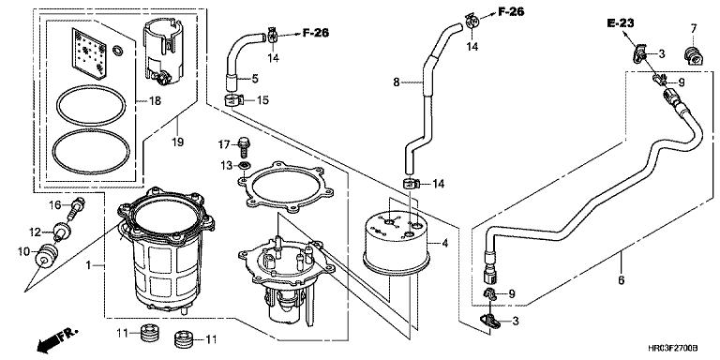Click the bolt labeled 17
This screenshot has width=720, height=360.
point(244,146)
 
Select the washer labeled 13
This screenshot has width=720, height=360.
point(244,165)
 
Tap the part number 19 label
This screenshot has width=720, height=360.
point(178,142)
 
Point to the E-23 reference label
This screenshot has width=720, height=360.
point(621,22)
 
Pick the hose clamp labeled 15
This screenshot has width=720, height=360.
point(233,99)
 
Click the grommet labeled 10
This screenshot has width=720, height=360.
point(46,256)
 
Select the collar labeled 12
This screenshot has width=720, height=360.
point(61,231)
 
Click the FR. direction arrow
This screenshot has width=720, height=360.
point(58,337)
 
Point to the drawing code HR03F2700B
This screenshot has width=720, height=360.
point(673,349)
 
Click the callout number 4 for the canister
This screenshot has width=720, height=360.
point(444,243)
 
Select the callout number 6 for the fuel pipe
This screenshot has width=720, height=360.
point(622,279)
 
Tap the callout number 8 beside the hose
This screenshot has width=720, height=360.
point(397,82)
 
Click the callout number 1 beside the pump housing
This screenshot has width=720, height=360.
point(88,265)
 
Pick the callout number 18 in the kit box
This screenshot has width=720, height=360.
point(156,100)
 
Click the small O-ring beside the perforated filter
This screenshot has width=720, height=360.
point(117,50)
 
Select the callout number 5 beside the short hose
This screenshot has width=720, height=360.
point(255,79)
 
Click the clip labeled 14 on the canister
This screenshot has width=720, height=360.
point(411,184)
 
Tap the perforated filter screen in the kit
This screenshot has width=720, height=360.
point(89,52)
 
